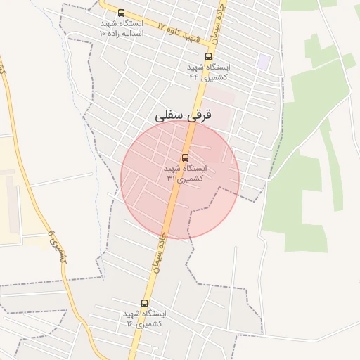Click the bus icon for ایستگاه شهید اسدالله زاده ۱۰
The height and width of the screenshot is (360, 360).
click(121, 13)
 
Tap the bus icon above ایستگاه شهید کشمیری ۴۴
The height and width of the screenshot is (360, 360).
click(208, 56)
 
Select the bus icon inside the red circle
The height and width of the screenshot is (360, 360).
click(185, 157)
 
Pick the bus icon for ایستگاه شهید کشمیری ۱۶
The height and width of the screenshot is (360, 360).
click(144, 303)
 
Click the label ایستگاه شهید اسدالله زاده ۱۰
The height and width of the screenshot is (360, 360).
click(122, 28)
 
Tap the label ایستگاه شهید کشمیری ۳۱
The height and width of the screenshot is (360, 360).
click(185, 174)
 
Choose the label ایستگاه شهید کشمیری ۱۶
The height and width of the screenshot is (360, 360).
click(144, 319)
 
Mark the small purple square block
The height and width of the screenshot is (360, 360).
click(264, 61)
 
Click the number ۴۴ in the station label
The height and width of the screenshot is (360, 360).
click(194, 77)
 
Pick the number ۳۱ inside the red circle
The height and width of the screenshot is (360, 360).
click(172, 179)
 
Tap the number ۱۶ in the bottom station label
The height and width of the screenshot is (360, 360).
click(130, 323)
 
